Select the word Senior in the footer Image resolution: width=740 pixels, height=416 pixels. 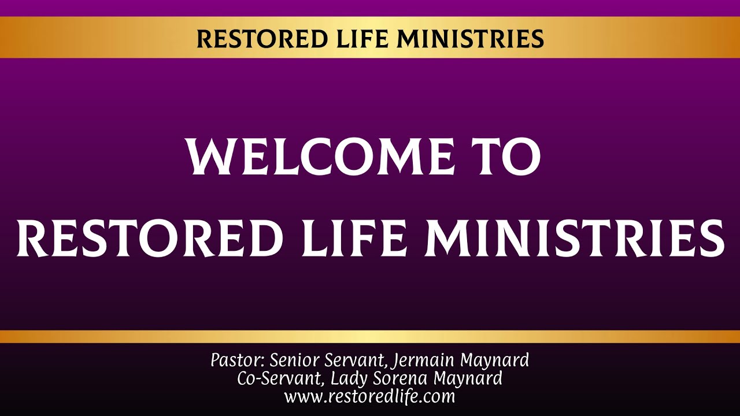(x=292, y=361)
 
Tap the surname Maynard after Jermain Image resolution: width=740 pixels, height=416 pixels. (x=494, y=361)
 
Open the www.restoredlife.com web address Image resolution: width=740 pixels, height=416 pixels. (x=369, y=397)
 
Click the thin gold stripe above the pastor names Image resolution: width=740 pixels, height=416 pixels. (x=370, y=336)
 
